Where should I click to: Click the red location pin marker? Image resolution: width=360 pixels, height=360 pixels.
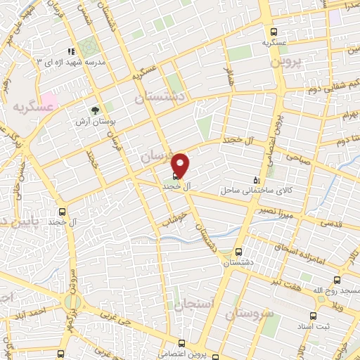181,165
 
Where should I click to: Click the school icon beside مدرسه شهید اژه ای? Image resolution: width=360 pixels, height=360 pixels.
70,52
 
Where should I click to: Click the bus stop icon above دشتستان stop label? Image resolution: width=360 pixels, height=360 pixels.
238,251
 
